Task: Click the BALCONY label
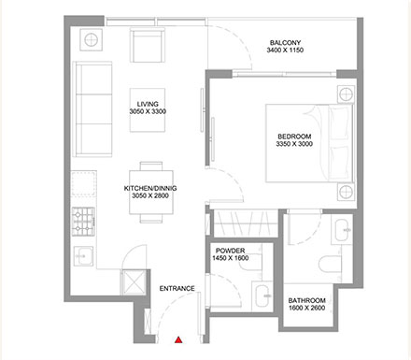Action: click(x=285, y=43)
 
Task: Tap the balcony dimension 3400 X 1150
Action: click(x=285, y=51)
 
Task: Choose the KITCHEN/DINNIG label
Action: click(x=149, y=188)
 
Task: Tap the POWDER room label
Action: click(x=230, y=252)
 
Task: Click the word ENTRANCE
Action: click(x=177, y=288)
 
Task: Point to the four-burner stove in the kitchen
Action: click(x=84, y=222)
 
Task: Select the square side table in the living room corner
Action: click(x=92, y=39)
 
